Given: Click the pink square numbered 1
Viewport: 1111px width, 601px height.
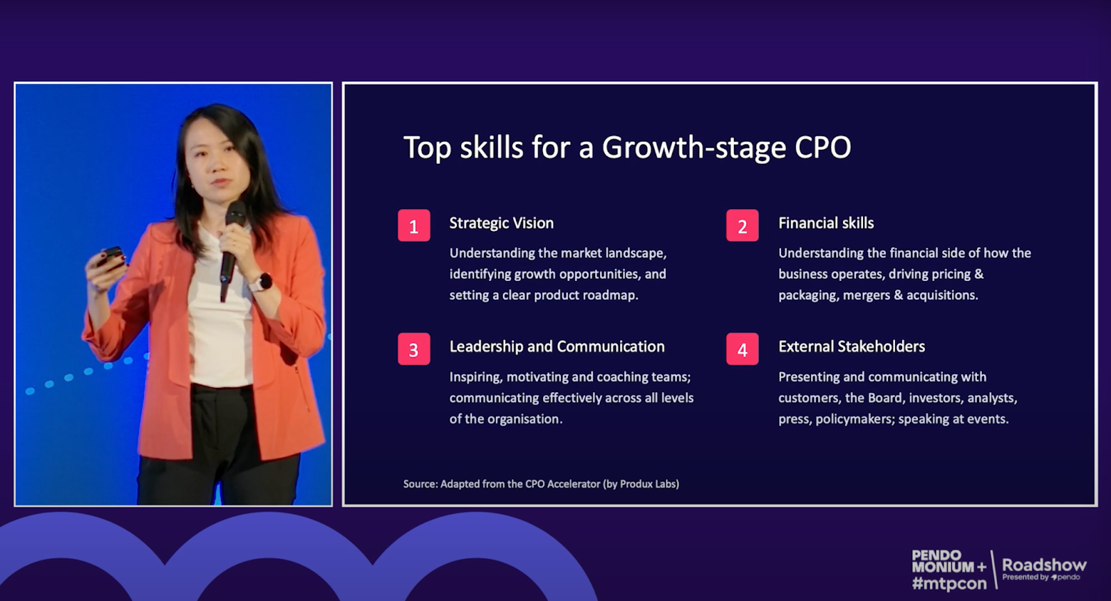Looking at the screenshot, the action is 414,226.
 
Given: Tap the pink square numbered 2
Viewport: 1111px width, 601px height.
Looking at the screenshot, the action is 742,226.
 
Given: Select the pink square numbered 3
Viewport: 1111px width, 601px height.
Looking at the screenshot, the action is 414,349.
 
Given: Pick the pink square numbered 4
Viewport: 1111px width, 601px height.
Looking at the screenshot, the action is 742,349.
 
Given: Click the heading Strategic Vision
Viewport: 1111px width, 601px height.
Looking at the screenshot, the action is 501,223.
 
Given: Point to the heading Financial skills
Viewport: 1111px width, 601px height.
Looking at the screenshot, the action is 826,223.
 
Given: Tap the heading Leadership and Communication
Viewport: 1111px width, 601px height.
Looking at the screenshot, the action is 557,346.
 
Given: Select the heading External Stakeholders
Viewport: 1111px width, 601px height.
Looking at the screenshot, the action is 851,346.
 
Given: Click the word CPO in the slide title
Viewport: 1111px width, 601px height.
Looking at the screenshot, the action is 824,148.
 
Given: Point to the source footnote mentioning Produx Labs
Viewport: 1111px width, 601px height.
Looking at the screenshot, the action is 541,484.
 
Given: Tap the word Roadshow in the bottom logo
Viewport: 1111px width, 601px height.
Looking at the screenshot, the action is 1044,565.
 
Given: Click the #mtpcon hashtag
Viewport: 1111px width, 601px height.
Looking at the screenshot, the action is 949,584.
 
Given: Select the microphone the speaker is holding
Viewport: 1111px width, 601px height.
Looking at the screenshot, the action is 231,248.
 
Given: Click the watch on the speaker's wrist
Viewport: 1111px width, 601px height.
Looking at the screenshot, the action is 261,282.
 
